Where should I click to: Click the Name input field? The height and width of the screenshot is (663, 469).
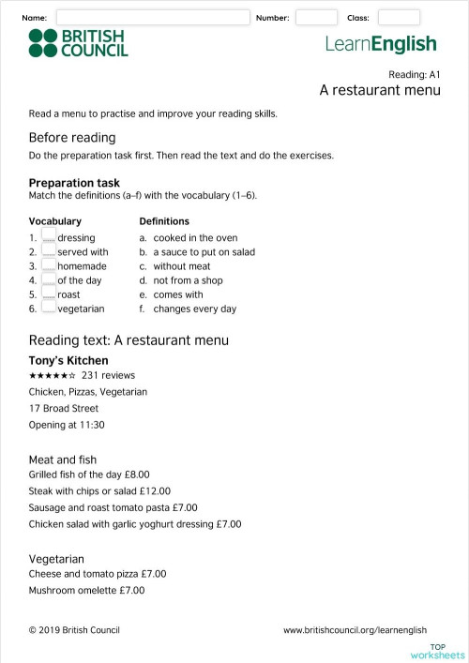pos(153,18)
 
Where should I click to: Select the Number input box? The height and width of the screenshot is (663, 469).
pos(316,18)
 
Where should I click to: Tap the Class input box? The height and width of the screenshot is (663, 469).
pos(399,18)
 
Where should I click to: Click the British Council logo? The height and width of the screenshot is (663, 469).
pos(78,43)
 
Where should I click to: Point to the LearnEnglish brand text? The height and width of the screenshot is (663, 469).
pos(381,44)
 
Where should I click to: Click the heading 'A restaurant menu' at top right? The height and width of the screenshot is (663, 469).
pos(379,90)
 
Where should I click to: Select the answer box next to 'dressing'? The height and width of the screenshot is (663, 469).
pos(50,238)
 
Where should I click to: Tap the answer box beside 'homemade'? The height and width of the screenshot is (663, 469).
pos(50,266)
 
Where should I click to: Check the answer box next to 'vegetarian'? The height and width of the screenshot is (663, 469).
pos(50,309)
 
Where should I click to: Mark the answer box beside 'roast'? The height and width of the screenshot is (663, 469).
pos(50,294)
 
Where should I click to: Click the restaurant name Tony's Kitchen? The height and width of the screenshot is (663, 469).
pos(68,360)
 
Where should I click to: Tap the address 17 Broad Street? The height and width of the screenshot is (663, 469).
pos(64,408)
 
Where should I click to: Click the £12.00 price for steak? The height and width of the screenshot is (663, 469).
pos(156,490)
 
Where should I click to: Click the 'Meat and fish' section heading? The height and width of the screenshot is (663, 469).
pos(63,460)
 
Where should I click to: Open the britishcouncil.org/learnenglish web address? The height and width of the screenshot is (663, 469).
pos(355,630)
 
